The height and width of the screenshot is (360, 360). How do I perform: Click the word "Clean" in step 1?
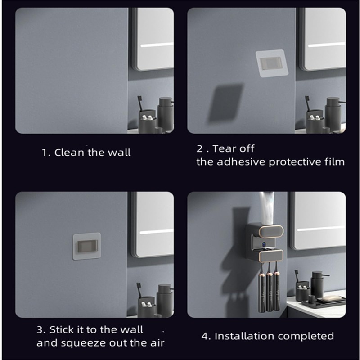click(69, 153)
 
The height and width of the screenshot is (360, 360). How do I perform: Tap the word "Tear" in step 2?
click(224, 148)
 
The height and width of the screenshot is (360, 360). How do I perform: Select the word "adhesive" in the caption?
click(242, 162)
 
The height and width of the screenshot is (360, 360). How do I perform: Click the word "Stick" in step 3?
click(61, 329)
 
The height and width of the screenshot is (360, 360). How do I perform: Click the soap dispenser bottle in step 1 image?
click(166, 115)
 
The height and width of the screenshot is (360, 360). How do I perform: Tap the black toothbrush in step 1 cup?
click(140, 108)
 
